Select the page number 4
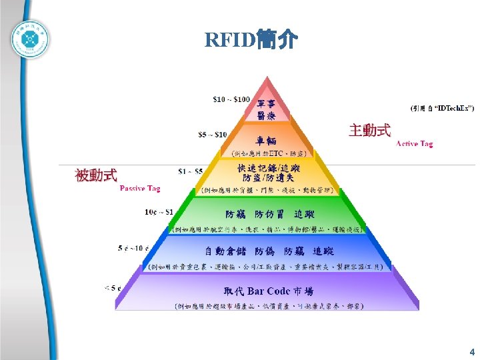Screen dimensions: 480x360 point(472,351)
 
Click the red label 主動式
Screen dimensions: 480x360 point(369,130)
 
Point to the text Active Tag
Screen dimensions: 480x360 point(414,143)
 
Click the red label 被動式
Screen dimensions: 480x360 point(96,175)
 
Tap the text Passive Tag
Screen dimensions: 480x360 point(140,189)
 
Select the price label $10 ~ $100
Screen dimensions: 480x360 point(231,100)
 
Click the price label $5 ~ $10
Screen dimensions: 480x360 point(213,135)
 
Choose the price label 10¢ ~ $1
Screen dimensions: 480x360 point(159,212)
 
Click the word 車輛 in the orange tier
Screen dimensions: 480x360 point(266,141)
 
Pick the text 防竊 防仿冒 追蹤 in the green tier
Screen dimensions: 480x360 point(269,215)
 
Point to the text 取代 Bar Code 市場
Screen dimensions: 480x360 point(269,291)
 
